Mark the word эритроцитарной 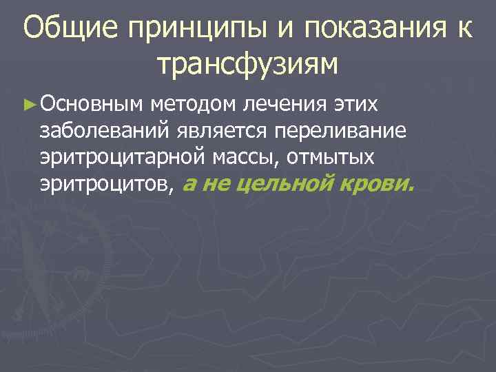point(121,157)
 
